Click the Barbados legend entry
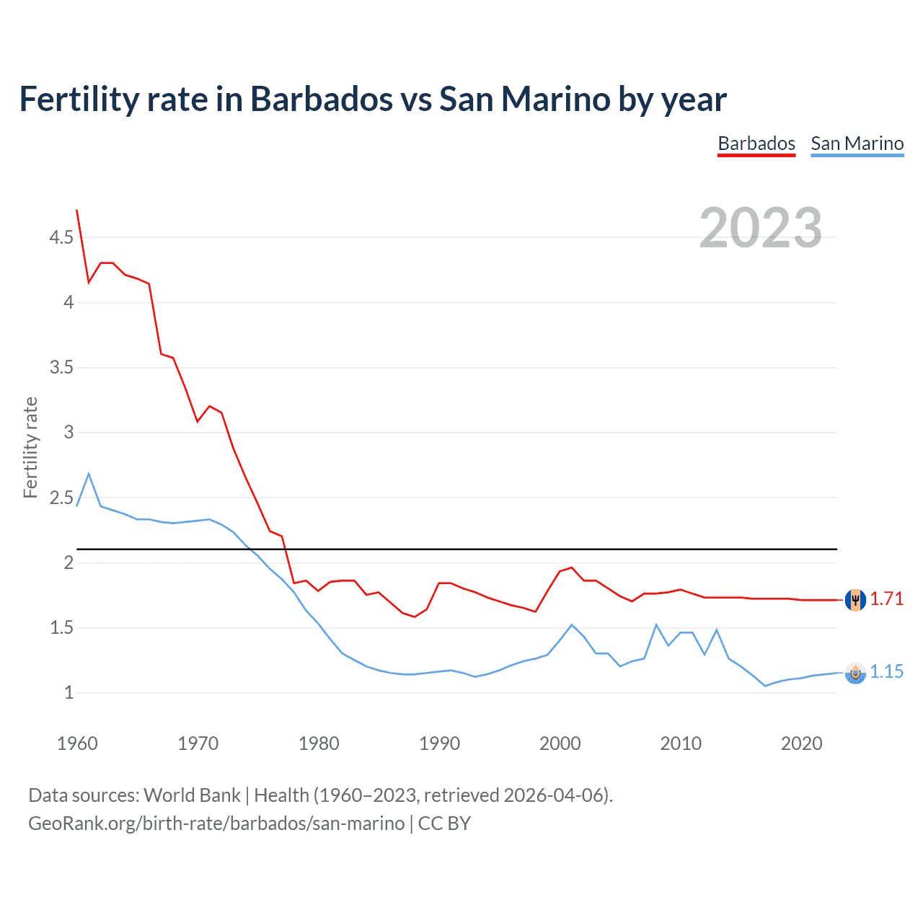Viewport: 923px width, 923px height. [x=756, y=143]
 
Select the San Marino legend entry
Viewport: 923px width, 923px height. [x=857, y=143]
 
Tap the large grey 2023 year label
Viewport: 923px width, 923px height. [x=760, y=228]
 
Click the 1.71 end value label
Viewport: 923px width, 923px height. [x=886, y=599]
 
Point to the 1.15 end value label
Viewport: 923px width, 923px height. [x=886, y=671]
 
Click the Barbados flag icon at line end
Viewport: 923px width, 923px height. [x=855, y=599]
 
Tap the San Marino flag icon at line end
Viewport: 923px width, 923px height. [x=855, y=672]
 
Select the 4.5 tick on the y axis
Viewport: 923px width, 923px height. [x=61, y=237]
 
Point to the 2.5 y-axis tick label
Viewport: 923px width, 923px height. [x=61, y=498]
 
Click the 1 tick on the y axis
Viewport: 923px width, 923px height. [x=69, y=693]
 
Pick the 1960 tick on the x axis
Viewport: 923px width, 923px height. [x=77, y=743]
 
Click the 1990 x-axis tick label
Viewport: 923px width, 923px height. [x=439, y=743]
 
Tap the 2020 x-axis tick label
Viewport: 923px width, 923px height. [x=801, y=743]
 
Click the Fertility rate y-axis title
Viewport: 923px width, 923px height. [x=30, y=447]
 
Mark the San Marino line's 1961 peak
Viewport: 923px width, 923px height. [x=89, y=474]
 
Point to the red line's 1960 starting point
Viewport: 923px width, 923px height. [x=77, y=211]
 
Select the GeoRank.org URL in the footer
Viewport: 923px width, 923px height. [x=216, y=823]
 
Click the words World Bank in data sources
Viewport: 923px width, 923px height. [x=192, y=795]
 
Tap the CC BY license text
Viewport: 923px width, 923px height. [x=444, y=823]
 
